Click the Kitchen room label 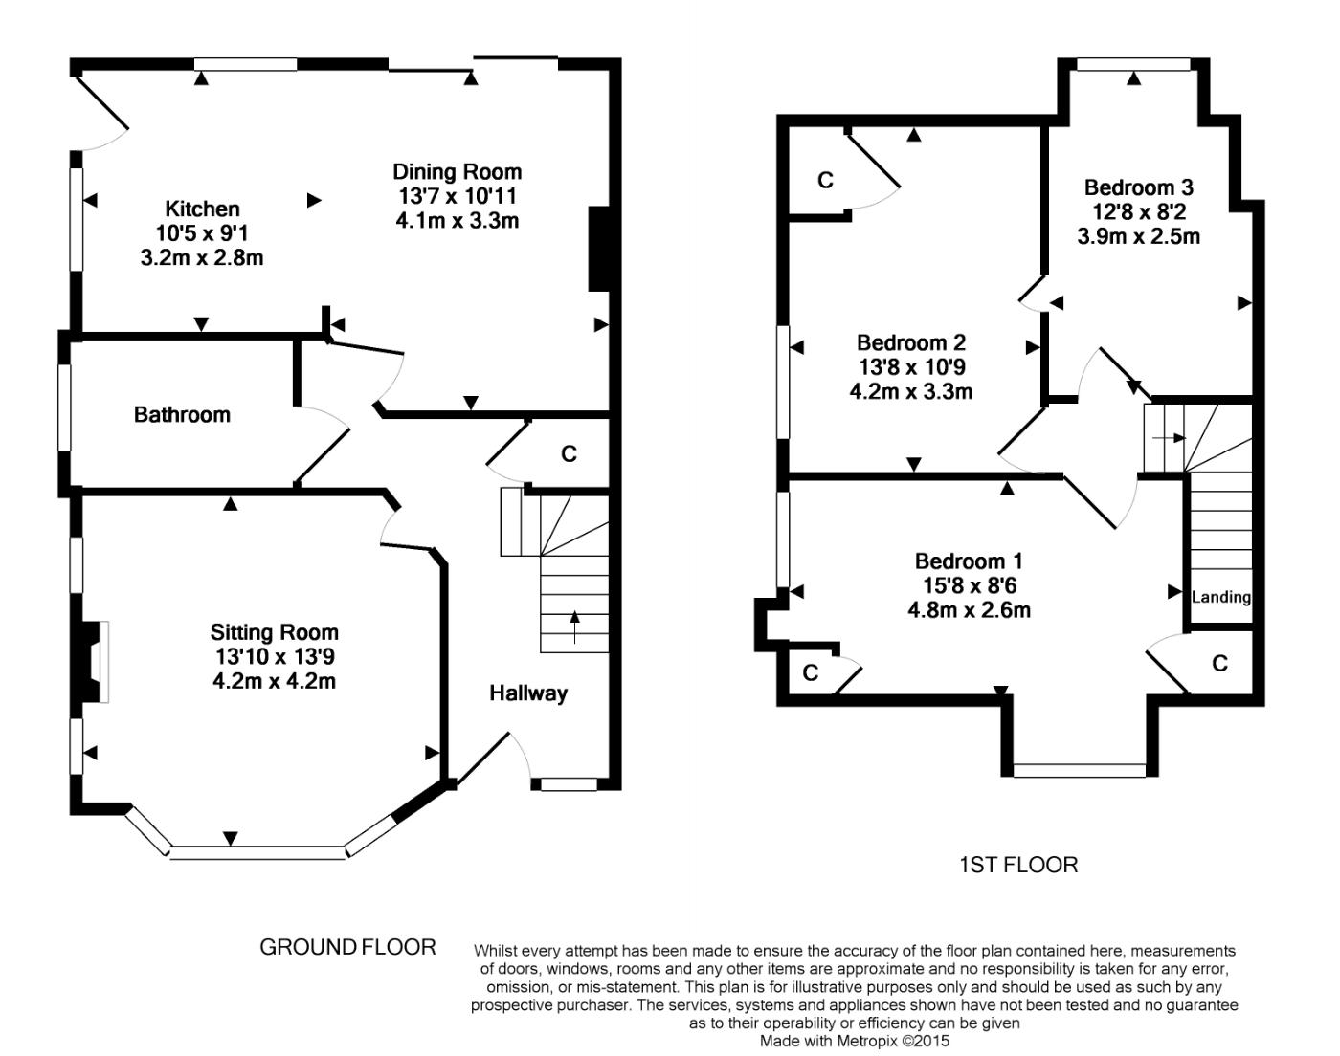[x=202, y=209]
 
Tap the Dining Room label [x=458, y=172]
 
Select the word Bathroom [x=182, y=414]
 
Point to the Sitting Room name [x=274, y=632]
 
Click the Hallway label [x=528, y=693]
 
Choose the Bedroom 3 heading [x=1138, y=187]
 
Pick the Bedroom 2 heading [x=911, y=342]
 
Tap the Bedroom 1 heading [x=969, y=561]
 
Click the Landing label [x=1220, y=598]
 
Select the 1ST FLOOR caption [x=1018, y=865]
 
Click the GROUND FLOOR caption [x=347, y=947]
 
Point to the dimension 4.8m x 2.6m [x=969, y=610]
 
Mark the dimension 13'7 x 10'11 [x=458, y=196]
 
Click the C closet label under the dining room [x=569, y=454]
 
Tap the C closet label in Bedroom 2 [x=825, y=181]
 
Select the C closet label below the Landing [x=1219, y=663]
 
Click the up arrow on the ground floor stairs [x=574, y=627]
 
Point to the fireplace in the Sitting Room [x=92, y=662]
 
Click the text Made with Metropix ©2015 [x=855, y=1041]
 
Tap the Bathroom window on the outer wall [x=64, y=407]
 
